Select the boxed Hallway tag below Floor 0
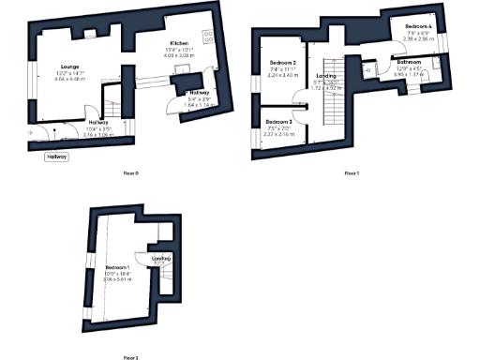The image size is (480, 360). (57, 157)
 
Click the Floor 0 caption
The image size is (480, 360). (130, 173)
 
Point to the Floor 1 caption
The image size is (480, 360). (352, 173)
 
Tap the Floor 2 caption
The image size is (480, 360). (130, 357)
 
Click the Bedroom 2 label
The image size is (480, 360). (282, 63)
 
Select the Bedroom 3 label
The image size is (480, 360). (278, 123)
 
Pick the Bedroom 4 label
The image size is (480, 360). (418, 26)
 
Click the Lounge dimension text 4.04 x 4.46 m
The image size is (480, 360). (68, 80)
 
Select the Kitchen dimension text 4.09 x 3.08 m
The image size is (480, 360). (180, 57)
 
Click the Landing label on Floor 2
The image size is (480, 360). (160, 259)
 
